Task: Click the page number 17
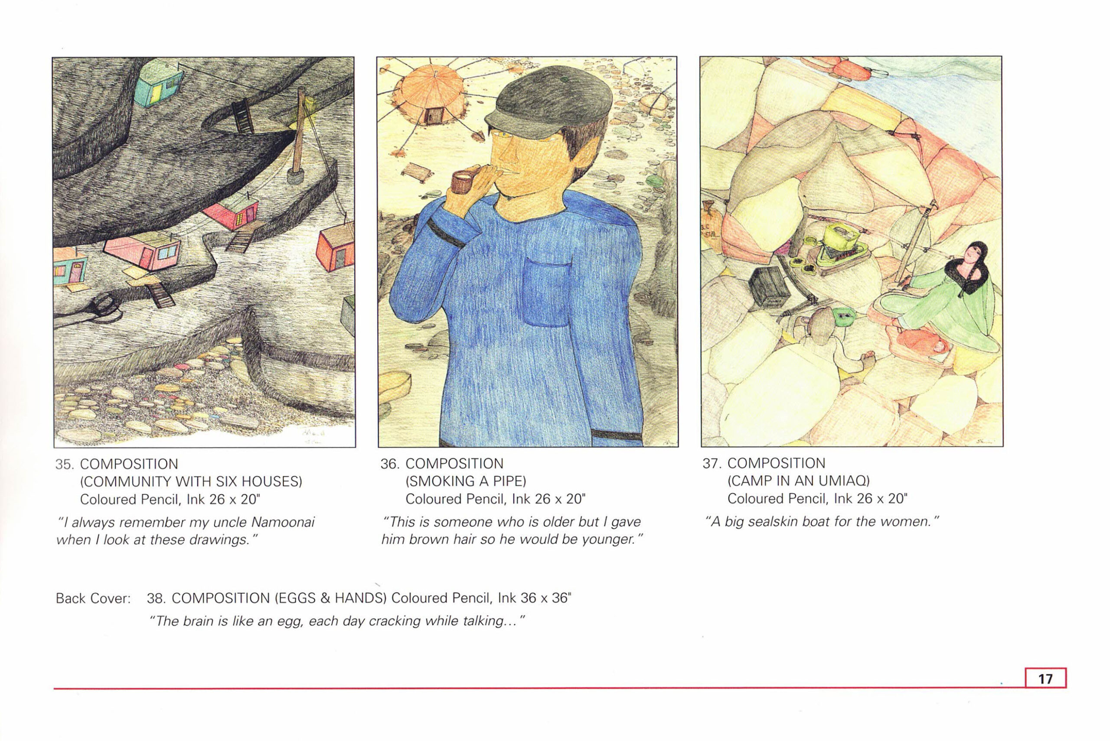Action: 1045,679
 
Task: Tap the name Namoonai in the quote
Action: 282,522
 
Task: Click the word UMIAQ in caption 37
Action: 844,481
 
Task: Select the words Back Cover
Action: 93,598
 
